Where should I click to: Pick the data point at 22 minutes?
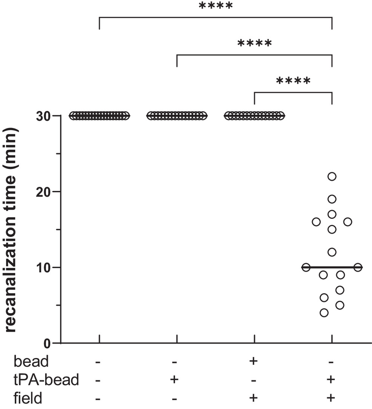tap(332, 176)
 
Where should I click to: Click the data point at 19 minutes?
tap(332, 199)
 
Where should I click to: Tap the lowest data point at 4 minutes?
tap(324, 313)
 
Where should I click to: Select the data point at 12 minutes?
tap(332, 252)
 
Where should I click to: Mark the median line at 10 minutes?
tap(332, 268)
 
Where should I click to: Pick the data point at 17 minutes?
tap(332, 214)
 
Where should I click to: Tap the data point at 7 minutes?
tap(340, 290)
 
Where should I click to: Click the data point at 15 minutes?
tap(332, 229)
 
